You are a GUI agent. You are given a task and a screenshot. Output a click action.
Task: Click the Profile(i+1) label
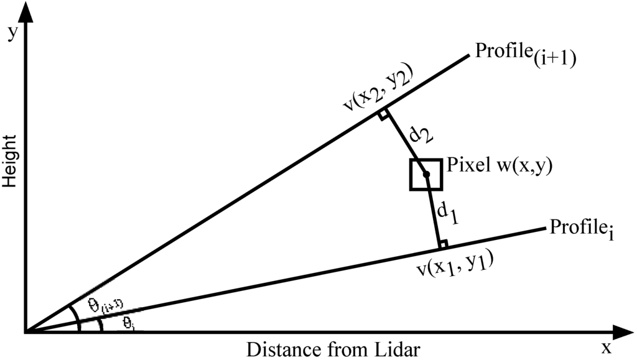pyautogui.click(x=526, y=53)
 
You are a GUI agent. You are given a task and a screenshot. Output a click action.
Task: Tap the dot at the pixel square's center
pyautogui.click(x=426, y=175)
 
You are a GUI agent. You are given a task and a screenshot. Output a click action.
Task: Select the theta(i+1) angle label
pyautogui.click(x=104, y=304)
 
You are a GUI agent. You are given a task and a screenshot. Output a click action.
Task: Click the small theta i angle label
pyautogui.click(x=127, y=323)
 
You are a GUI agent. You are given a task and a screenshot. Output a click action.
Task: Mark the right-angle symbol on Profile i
pyautogui.click(x=443, y=243)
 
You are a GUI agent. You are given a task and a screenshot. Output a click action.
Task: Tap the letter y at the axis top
pyautogui.click(x=11, y=34)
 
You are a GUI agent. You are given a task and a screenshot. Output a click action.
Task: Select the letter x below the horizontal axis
pyautogui.click(x=607, y=347)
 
